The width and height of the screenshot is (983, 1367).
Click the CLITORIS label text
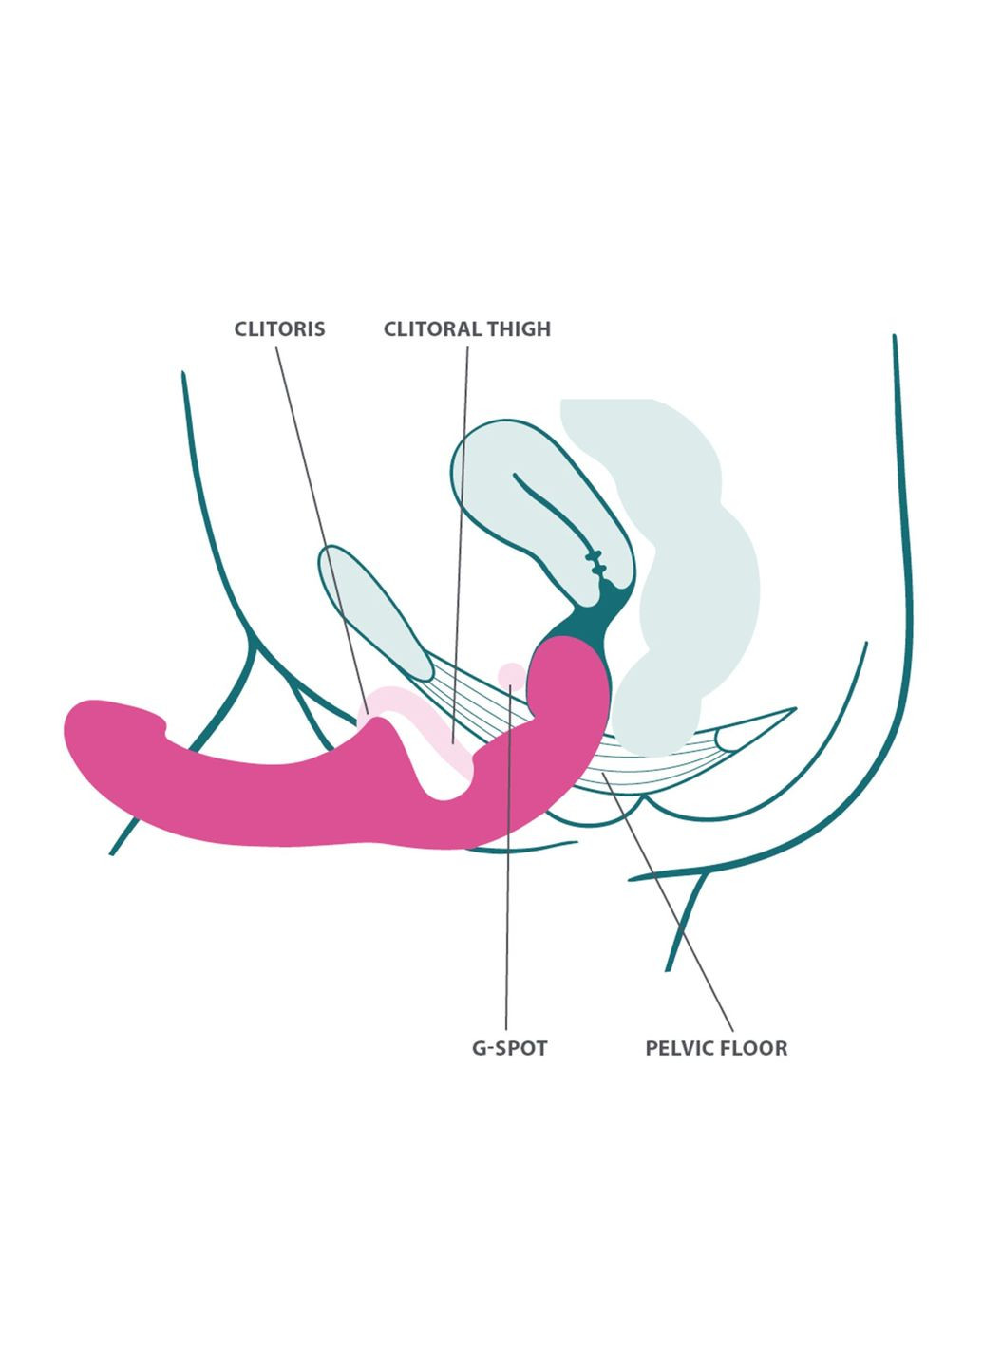(x=279, y=329)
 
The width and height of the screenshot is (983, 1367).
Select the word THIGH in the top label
(x=519, y=329)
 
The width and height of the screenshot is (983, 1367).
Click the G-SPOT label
(x=510, y=1049)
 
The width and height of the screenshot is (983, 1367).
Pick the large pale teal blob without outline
(x=684, y=570)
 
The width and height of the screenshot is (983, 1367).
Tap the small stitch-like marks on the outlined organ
(x=596, y=562)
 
